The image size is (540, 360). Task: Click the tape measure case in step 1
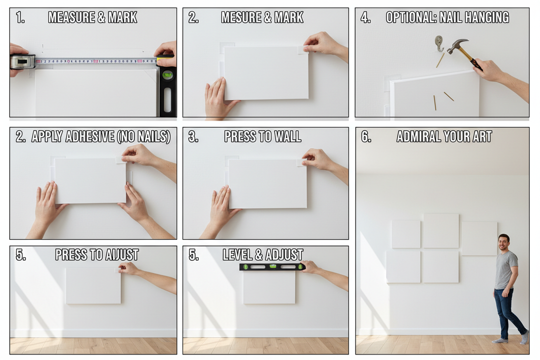[23, 61]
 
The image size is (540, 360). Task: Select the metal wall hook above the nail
[439, 43]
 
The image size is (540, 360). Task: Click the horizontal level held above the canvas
[272, 267]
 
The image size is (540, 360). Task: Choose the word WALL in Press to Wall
[288, 137]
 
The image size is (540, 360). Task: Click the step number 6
[366, 137]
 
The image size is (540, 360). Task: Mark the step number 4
[366, 18]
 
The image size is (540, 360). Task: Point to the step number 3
[193, 137]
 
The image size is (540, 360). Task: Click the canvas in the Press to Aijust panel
[93, 286]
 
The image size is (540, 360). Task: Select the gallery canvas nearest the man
[479, 238]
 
